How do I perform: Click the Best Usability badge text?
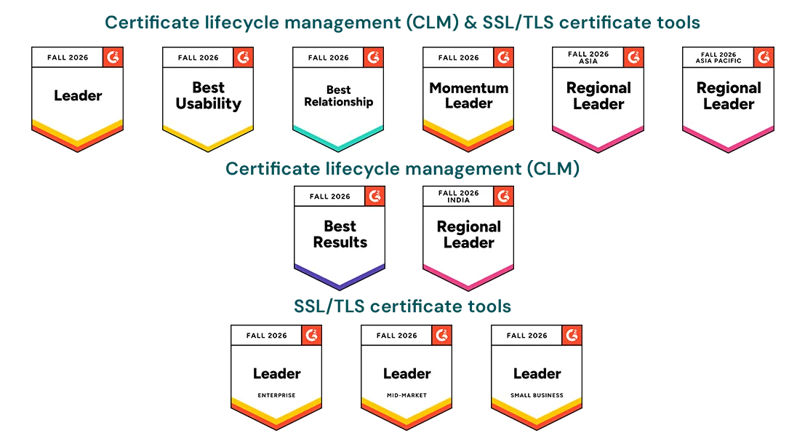click(x=208, y=95)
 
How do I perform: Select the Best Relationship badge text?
click(x=338, y=96)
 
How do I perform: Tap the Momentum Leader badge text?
click(x=469, y=95)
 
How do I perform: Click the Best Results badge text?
click(x=340, y=234)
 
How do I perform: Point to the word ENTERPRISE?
click(x=277, y=395)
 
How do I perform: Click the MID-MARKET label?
click(x=406, y=395)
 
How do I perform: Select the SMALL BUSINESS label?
click(x=537, y=395)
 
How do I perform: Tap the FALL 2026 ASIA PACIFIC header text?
click(x=718, y=58)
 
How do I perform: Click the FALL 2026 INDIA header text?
click(x=458, y=197)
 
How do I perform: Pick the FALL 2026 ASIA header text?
click(x=588, y=58)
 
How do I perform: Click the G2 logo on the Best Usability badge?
click(x=244, y=57)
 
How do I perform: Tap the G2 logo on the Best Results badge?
click(x=375, y=196)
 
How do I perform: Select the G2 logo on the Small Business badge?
click(x=572, y=335)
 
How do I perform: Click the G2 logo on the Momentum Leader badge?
click(x=504, y=57)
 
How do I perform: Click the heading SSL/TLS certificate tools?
click(x=402, y=306)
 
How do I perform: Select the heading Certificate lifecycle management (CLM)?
click(x=403, y=169)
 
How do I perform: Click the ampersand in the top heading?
click(x=470, y=23)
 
